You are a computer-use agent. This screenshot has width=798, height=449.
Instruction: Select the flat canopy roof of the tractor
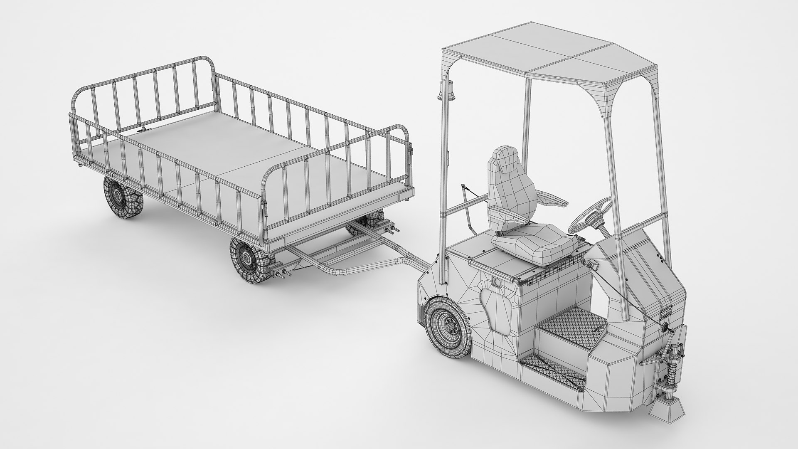click(x=549, y=50)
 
